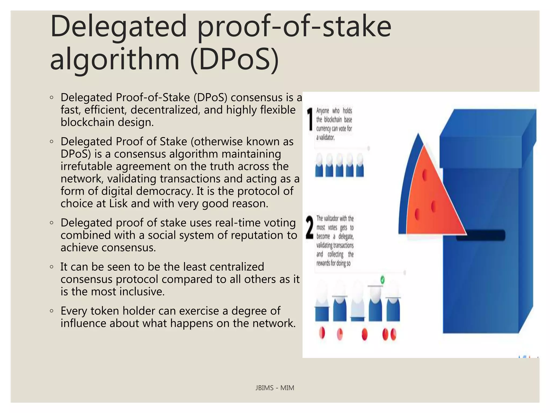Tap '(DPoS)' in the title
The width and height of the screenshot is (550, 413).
(x=234, y=60)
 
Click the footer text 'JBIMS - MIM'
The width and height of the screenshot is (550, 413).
(x=274, y=388)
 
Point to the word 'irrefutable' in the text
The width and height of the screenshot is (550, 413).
(x=86, y=166)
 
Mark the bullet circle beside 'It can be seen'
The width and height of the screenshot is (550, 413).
(x=52, y=267)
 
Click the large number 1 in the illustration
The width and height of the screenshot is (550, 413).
(x=310, y=119)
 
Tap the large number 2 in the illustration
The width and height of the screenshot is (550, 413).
(x=310, y=227)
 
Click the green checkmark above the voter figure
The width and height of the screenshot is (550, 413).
(x=382, y=280)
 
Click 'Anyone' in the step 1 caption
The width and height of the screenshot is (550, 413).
(x=323, y=111)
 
